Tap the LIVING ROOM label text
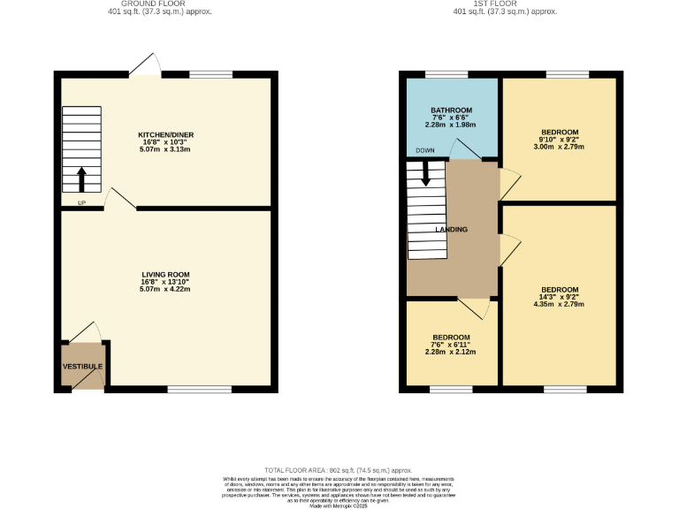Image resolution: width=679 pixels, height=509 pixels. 165,275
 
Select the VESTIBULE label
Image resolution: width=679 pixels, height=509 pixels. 82,367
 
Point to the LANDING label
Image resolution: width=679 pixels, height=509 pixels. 452,230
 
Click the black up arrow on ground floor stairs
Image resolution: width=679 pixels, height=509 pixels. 82,179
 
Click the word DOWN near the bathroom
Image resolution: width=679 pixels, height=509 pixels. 425,150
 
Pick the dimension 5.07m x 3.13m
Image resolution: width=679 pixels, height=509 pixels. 165,148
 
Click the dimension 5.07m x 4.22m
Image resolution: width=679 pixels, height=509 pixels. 165,290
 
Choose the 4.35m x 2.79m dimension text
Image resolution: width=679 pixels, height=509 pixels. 560,305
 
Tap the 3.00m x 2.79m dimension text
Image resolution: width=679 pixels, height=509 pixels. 560,148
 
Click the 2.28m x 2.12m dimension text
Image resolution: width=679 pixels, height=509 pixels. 451,353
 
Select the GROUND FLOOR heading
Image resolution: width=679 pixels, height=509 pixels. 165,4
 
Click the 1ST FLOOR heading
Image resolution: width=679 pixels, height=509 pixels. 505,4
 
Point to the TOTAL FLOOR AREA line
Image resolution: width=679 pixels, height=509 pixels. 339,470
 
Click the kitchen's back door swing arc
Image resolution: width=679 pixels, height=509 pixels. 145,63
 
